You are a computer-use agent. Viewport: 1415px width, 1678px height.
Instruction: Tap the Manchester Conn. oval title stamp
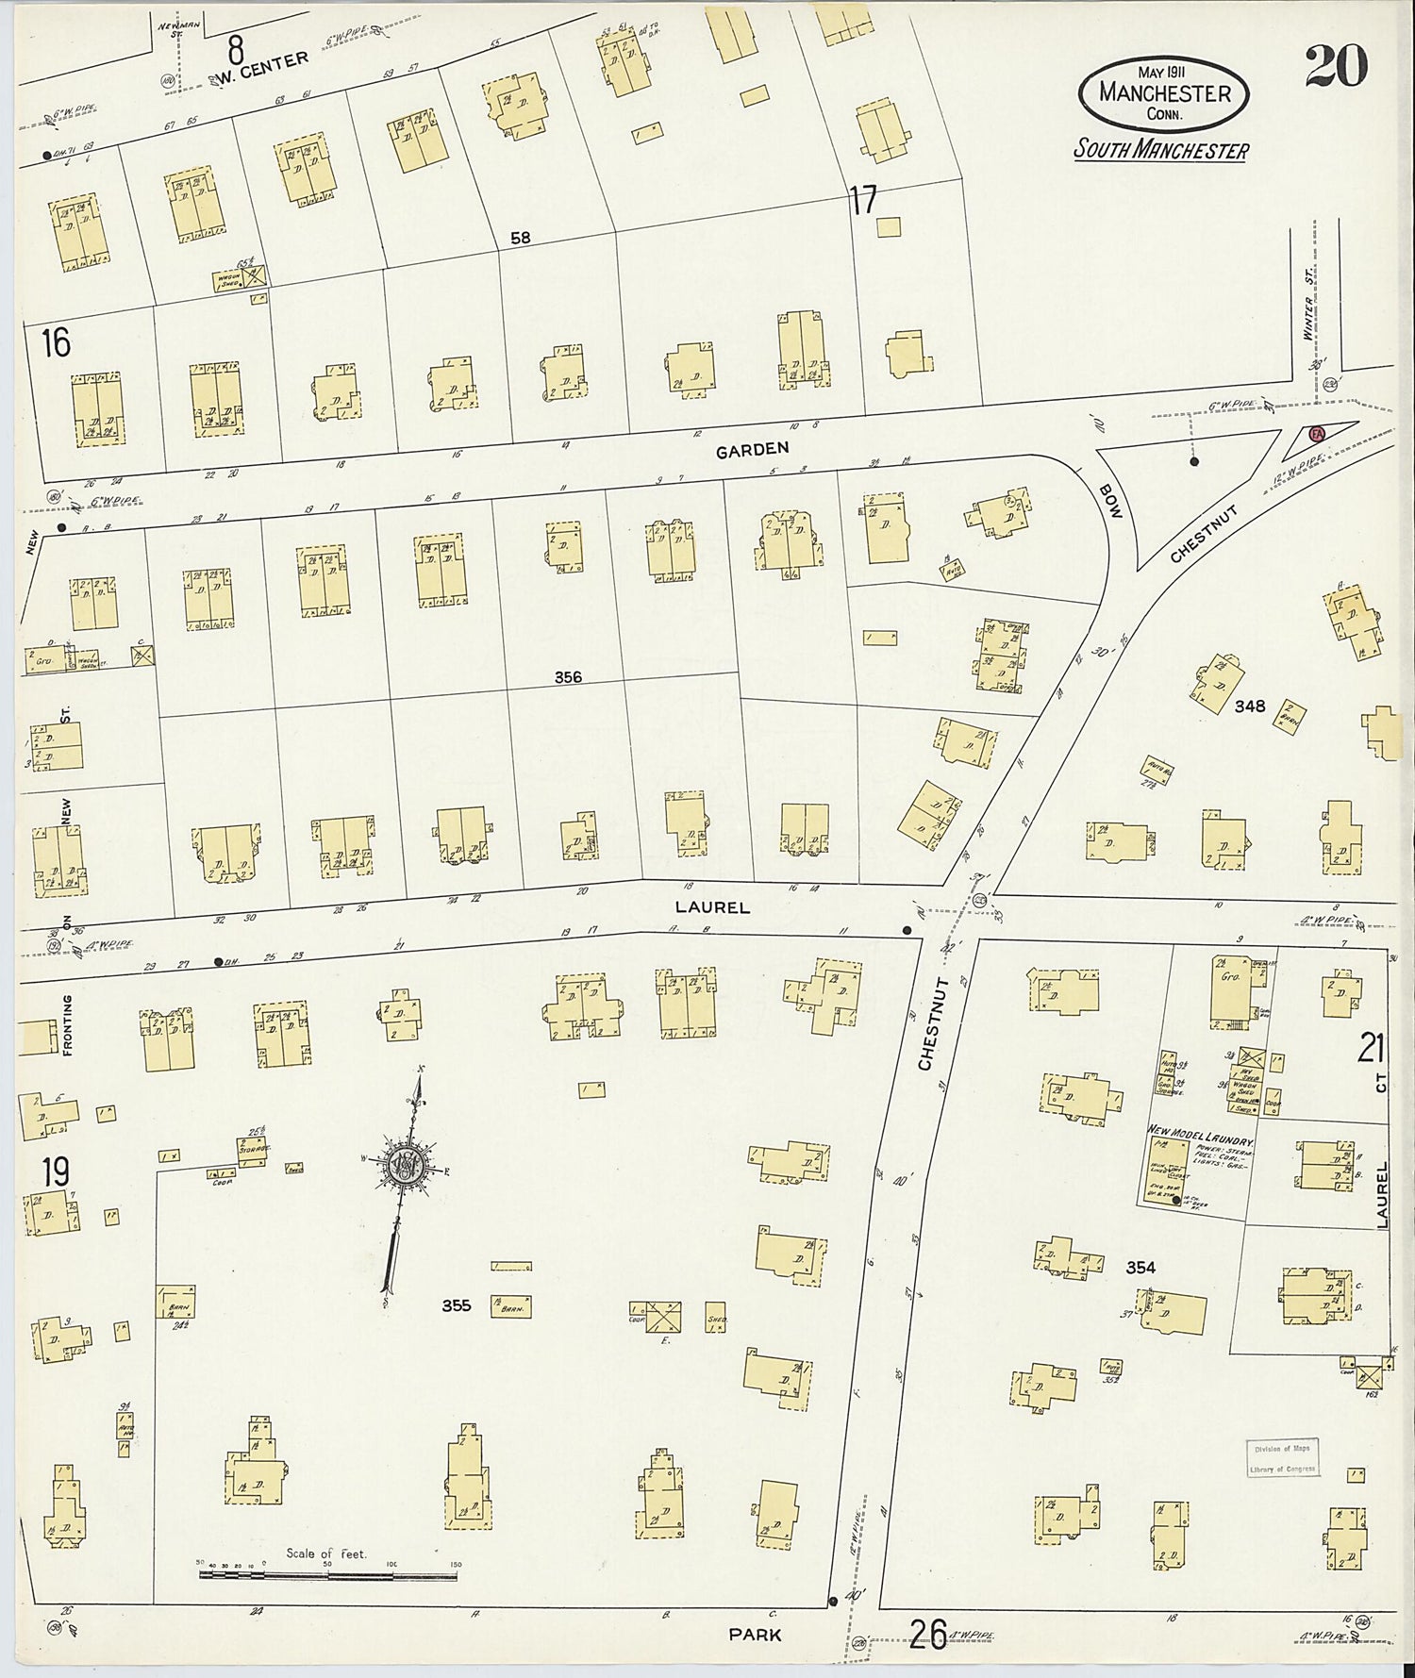(x=1166, y=94)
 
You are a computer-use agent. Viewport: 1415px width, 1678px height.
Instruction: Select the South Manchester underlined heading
(x=1161, y=150)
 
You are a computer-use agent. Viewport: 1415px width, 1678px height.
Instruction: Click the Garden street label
(x=752, y=451)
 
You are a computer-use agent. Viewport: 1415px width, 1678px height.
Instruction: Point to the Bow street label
(x=1111, y=501)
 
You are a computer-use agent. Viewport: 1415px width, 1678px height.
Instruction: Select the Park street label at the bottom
(x=755, y=1634)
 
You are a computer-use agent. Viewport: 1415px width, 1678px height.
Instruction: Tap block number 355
(x=457, y=1306)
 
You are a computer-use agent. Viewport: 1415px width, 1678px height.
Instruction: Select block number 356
(x=568, y=677)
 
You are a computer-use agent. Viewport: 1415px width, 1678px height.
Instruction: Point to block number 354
(x=1140, y=1268)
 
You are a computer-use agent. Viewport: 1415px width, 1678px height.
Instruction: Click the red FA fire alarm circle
(x=1317, y=432)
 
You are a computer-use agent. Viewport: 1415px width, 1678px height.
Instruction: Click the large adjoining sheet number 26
(x=928, y=1634)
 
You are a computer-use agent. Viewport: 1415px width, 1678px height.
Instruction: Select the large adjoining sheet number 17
(x=862, y=200)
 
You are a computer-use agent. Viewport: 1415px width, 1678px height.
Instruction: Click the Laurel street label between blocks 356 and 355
(x=712, y=907)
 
